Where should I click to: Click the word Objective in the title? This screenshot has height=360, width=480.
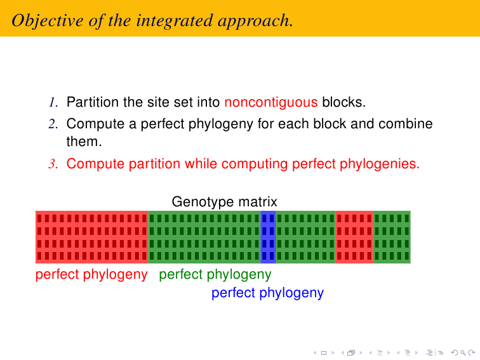48,21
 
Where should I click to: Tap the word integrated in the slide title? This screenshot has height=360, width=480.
174,22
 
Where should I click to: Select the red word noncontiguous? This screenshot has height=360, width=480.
271,102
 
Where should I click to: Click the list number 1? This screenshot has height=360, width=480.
53,102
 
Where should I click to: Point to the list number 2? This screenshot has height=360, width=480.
53,124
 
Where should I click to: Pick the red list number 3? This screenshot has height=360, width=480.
53,164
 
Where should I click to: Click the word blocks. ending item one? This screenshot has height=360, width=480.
343,102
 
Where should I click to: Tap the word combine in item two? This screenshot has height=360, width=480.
405,124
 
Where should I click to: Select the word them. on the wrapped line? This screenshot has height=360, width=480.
84,142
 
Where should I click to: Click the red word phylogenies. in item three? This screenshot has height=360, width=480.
380,164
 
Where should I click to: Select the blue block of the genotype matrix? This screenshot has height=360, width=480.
268,237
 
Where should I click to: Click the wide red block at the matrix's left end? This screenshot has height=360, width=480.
92,237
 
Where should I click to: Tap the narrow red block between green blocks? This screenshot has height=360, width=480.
354,237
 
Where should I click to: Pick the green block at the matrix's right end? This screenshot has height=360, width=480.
392,237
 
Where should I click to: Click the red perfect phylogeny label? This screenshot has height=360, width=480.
91,274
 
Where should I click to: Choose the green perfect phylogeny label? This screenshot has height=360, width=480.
215,274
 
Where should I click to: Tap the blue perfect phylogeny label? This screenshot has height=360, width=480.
267,293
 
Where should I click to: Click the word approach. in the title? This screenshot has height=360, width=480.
255,22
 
